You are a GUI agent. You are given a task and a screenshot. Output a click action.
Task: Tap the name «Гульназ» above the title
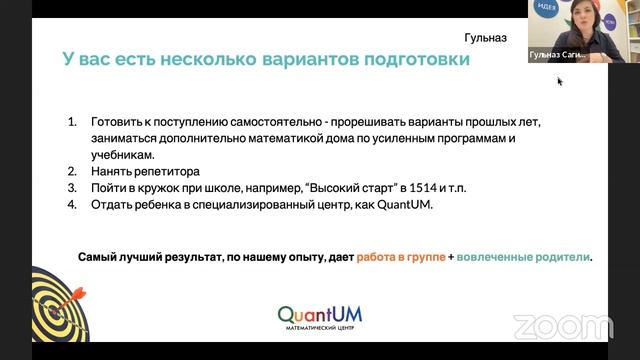(x=486, y=38)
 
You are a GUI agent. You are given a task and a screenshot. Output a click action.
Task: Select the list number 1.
(x=72, y=121)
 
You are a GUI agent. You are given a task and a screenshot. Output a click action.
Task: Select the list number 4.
(x=72, y=205)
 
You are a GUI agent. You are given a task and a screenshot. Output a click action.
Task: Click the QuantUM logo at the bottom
(x=320, y=316)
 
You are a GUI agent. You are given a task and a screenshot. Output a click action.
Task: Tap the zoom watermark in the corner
(x=563, y=326)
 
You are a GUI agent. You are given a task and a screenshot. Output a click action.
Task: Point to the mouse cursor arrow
(x=560, y=81)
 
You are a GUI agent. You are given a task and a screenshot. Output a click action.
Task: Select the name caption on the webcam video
(x=558, y=56)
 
